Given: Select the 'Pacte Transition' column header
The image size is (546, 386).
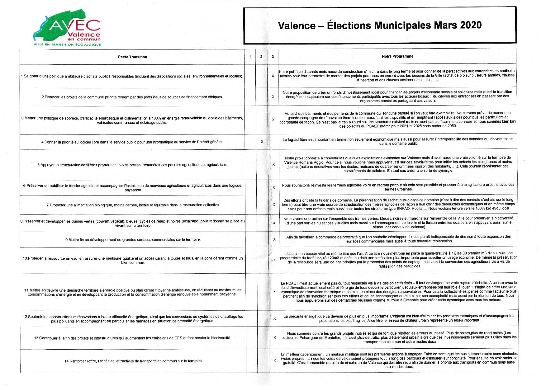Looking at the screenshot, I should (x=132, y=57).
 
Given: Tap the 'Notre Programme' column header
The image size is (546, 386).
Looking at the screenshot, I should (x=397, y=56).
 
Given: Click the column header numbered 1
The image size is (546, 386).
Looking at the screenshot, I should (x=250, y=57).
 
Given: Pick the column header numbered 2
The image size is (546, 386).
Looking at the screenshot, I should (x=261, y=57).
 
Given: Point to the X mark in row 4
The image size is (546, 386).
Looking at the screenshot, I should (x=262, y=142).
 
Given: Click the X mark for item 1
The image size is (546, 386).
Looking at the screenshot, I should (x=273, y=76).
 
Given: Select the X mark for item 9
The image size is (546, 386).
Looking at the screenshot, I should (x=274, y=239).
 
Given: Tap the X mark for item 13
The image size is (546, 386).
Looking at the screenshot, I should (x=274, y=337).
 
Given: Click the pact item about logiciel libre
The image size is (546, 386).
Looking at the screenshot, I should (x=132, y=142).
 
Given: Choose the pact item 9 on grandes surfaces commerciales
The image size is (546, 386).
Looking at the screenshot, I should (x=133, y=240).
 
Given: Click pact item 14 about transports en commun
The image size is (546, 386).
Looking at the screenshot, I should (x=133, y=361).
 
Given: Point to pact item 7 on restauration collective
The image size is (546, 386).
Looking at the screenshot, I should (x=133, y=205).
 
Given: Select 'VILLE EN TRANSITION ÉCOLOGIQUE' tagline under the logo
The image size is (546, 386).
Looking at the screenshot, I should (x=67, y=45).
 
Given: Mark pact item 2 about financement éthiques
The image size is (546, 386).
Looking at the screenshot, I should (x=132, y=97).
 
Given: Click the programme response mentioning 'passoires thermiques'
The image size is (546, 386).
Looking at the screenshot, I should (x=399, y=318).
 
